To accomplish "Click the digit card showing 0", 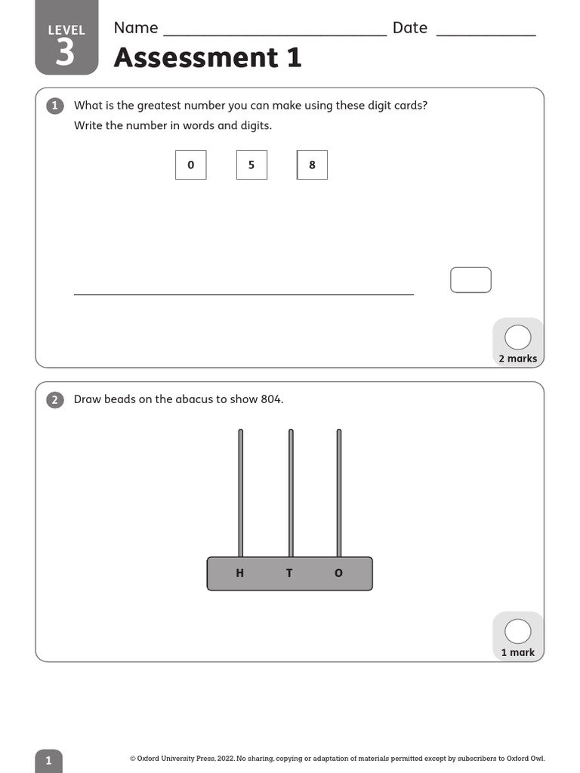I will pyautogui.click(x=190, y=165).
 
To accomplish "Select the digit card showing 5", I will pyautogui.click(x=251, y=165).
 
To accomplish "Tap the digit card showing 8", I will pyautogui.click(x=312, y=165).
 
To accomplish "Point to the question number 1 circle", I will pyautogui.click(x=55, y=106).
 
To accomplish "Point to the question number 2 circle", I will pyautogui.click(x=55, y=399).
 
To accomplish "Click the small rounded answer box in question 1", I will pyautogui.click(x=470, y=280).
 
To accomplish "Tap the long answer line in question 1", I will pyautogui.click(x=243, y=294).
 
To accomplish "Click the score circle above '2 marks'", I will pyautogui.click(x=517, y=337).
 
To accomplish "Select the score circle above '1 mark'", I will pyautogui.click(x=517, y=631).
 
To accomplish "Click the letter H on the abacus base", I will pyautogui.click(x=240, y=573).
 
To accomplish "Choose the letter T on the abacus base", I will pyautogui.click(x=289, y=573).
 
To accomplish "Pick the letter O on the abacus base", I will pyautogui.click(x=338, y=573).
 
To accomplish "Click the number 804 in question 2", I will pyautogui.click(x=271, y=399).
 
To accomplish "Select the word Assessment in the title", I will pyautogui.click(x=196, y=57).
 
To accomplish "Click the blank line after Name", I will pyautogui.click(x=275, y=35).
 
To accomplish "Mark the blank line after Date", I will pyautogui.click(x=486, y=35).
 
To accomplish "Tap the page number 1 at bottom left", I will pyautogui.click(x=48, y=760).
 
